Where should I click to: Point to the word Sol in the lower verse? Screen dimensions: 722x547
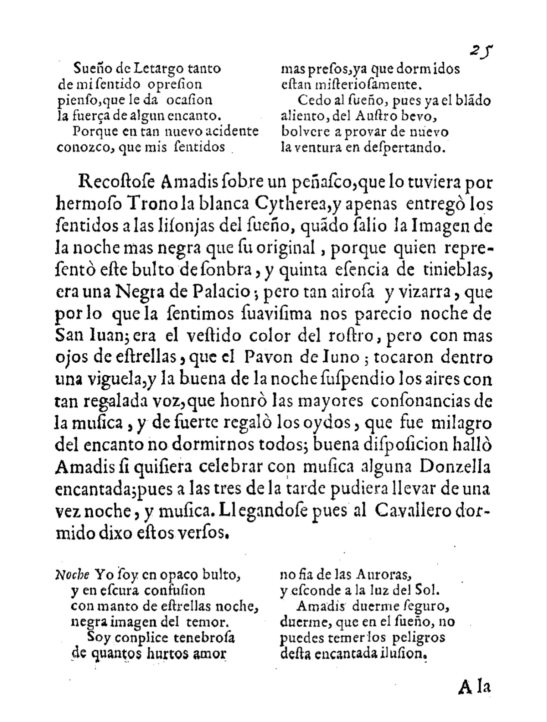(428, 590)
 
